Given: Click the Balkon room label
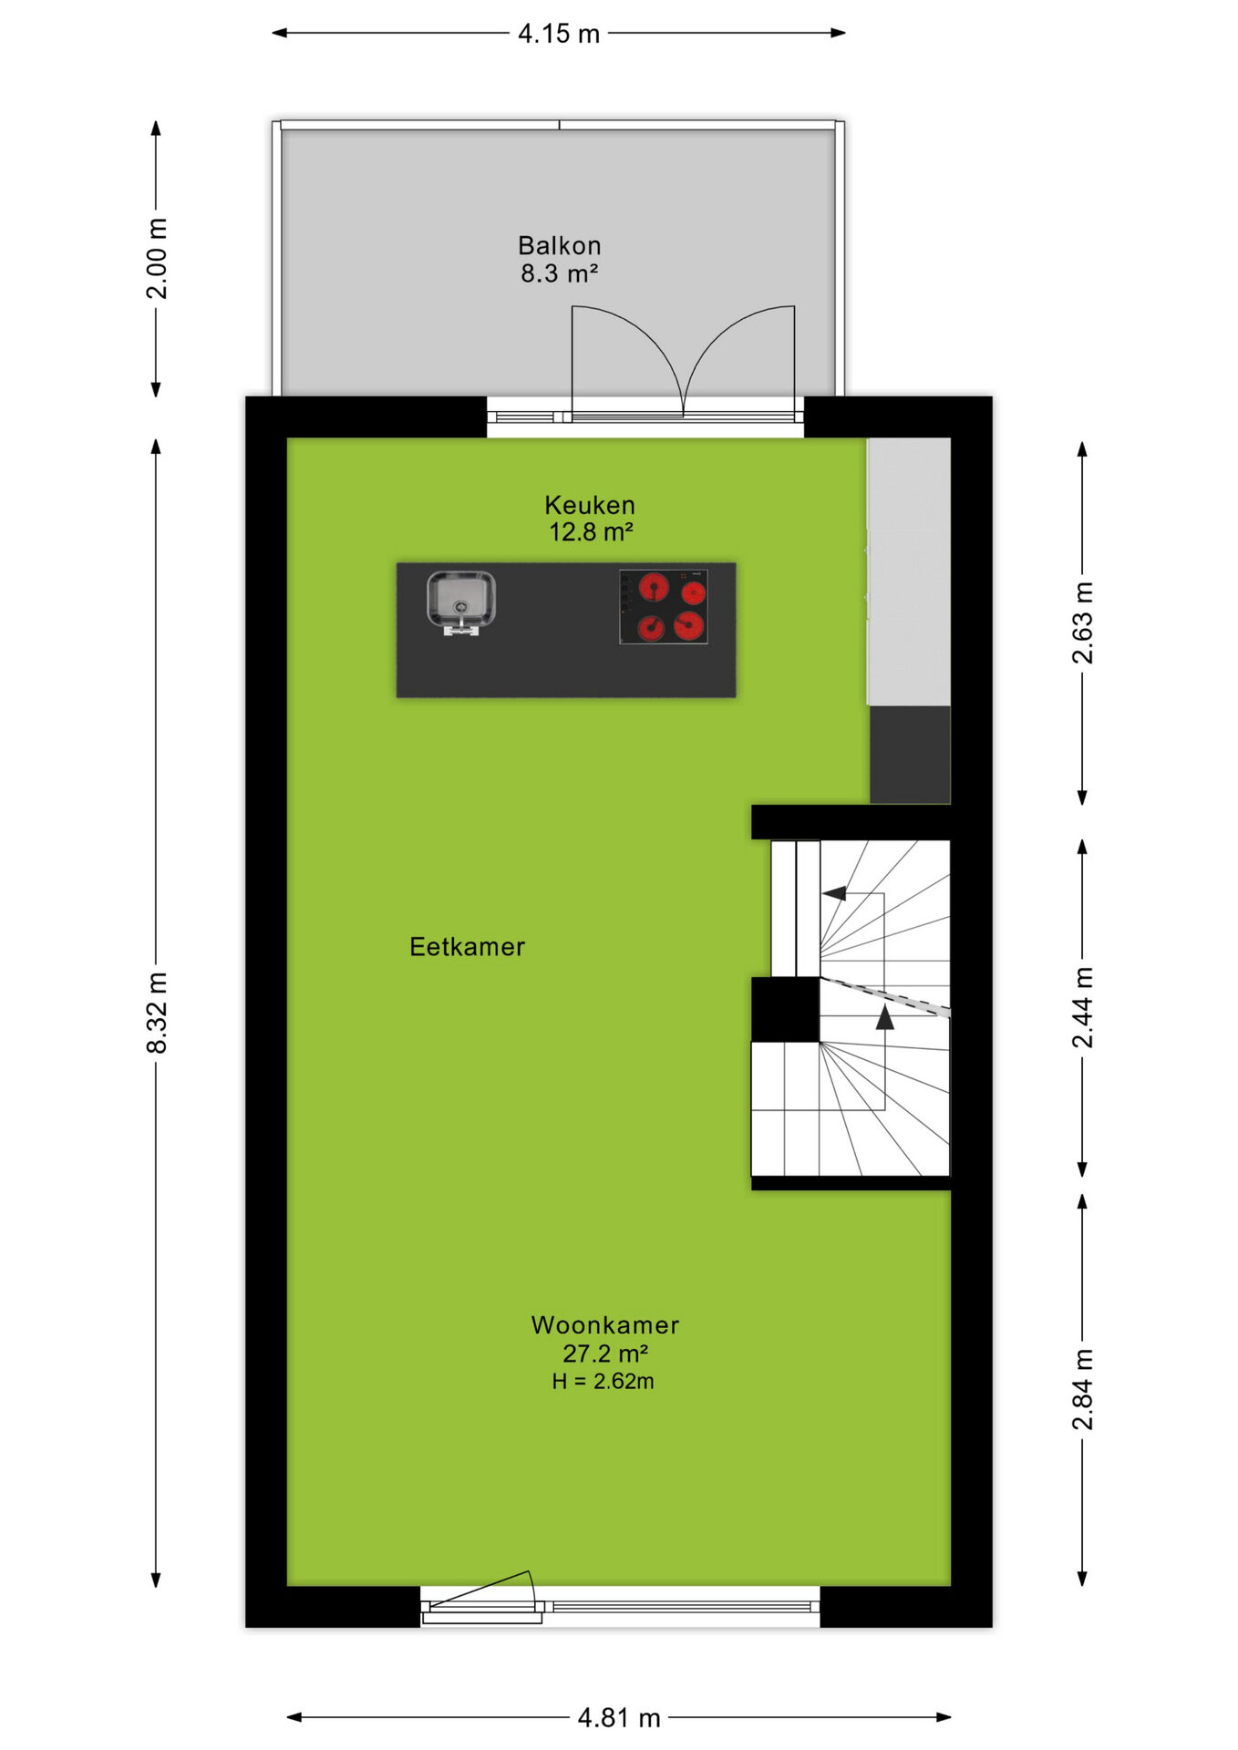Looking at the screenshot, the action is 559,245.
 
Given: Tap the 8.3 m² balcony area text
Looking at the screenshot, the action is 559,273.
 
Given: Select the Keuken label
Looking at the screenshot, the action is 589,505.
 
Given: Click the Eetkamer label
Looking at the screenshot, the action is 467,947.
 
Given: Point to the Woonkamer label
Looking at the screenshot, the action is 604,1325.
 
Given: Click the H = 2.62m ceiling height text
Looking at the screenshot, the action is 603,1382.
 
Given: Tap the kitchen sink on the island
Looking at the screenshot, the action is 461,602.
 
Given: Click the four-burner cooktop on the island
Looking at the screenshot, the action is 664,607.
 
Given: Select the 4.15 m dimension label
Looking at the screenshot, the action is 559,34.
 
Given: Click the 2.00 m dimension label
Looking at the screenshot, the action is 157,259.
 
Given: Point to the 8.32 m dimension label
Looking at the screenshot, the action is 157,1013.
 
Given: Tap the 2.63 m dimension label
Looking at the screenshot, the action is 1082,623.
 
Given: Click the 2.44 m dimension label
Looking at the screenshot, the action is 1082,1007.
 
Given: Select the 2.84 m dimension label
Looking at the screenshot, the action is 1082,1389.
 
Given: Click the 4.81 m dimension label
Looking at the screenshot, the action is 619,1718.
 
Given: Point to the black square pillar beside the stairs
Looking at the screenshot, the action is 785,1009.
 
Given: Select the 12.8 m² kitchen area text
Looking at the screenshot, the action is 591,532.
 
